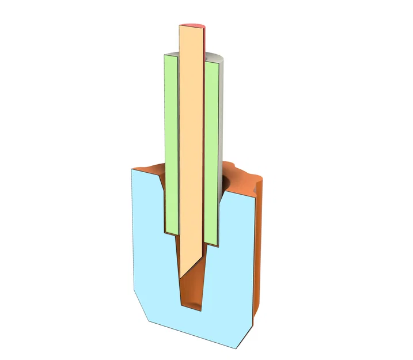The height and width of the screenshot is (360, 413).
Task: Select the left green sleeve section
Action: click(171, 144)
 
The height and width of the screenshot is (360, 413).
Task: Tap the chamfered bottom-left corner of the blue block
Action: click(142, 305)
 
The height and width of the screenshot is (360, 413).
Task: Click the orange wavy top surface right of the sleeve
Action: click(242, 176)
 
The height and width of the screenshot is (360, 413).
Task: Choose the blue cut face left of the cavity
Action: click(150, 242)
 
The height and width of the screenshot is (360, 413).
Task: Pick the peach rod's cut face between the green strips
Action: click(191, 144)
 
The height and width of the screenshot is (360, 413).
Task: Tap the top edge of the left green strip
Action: click(170, 55)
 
